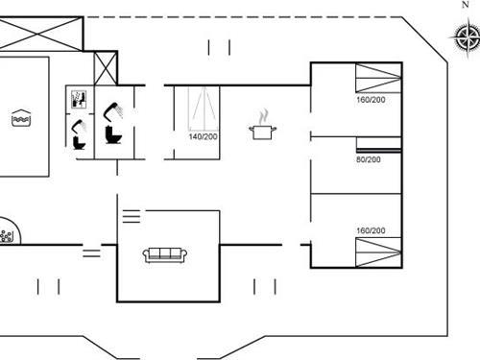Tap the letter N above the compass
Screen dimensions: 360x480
[465, 5]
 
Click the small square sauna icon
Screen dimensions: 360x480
[79, 98]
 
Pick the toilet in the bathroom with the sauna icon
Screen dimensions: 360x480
[79, 140]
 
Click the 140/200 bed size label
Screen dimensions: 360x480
[203, 137]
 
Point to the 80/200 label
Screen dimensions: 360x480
[369, 159]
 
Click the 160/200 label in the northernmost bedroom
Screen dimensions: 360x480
[370, 100]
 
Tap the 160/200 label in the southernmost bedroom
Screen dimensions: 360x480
[370, 230]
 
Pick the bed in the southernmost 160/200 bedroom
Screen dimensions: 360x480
[378, 252]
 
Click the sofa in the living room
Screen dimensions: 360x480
[164, 254]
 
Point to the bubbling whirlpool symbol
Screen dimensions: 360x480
[7, 234]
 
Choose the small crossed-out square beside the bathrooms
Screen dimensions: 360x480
[105, 68]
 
